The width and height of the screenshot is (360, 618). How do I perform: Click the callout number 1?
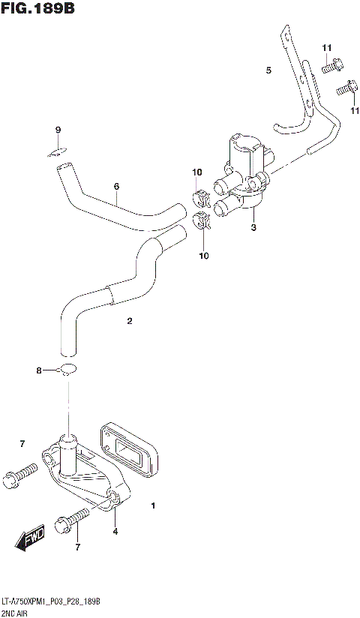point(153,506)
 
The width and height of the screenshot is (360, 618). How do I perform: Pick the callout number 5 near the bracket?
point(268,70)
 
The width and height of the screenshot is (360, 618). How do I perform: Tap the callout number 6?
point(117,187)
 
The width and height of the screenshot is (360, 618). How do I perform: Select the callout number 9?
point(58,131)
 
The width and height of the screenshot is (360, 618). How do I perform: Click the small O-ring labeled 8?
point(68,368)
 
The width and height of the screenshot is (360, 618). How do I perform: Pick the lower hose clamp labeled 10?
point(202,222)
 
